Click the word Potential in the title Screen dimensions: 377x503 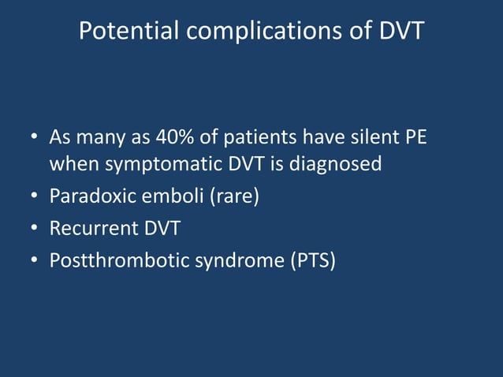129,32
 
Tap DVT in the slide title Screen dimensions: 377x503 397,31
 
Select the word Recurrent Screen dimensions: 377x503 88,228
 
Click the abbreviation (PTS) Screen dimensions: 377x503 310,260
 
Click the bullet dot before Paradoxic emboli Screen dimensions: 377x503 35,196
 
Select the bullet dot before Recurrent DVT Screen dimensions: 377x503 35,229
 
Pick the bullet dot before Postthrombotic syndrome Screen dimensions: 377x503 35,261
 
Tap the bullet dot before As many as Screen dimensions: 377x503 35,139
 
